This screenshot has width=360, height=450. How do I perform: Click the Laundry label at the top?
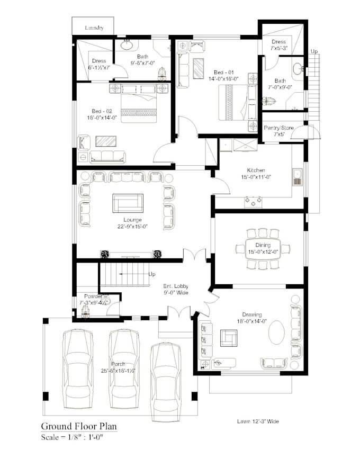point(94,28)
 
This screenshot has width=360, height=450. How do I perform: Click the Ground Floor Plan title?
point(79,426)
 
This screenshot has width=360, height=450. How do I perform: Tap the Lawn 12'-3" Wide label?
point(258,421)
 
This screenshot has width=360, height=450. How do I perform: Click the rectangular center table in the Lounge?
point(128,202)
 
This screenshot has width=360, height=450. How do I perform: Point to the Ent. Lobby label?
point(175,286)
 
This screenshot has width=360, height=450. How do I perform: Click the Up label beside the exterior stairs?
point(314,51)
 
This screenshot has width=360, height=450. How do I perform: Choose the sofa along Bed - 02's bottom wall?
point(107,157)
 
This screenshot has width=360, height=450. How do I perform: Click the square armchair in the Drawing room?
point(229,337)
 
